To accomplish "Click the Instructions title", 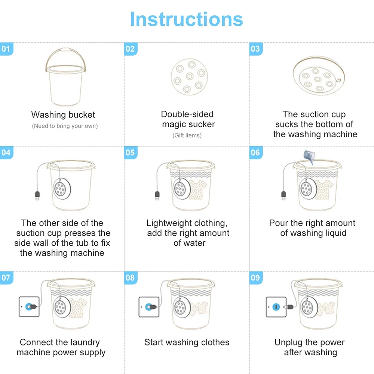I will (x=186, y=19).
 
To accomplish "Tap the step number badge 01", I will (x=6, y=49).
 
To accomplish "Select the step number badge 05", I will (x=130, y=153).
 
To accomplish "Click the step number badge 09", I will (x=255, y=278).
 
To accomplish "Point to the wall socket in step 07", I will (x=29, y=307).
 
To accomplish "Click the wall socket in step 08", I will (x=148, y=307).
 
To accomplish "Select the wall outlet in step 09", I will (x=276, y=307).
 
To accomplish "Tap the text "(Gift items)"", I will (x=187, y=135).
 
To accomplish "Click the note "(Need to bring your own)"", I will (x=65, y=126).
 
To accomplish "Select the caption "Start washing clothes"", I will (x=187, y=342).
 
